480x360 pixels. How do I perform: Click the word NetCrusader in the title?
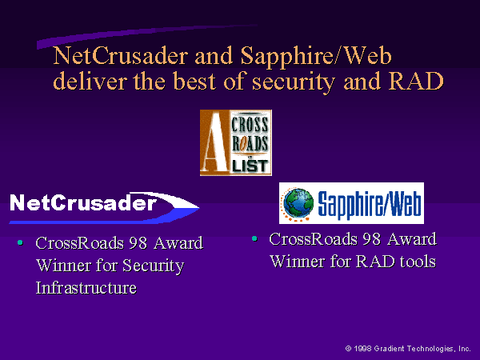click(x=120, y=56)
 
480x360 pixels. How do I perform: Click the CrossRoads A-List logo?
click(x=236, y=142)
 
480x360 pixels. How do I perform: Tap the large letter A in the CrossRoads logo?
click(x=214, y=142)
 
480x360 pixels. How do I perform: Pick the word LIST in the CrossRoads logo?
click(x=250, y=166)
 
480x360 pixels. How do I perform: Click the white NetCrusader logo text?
click(x=83, y=202)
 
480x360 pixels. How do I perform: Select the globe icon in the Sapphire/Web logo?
click(x=298, y=202)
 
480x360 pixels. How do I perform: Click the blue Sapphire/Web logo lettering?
click(x=369, y=203)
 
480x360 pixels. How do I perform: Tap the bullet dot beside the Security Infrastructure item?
click(x=20, y=242)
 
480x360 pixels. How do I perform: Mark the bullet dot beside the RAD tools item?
click(x=254, y=238)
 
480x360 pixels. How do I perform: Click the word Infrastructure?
click(x=86, y=288)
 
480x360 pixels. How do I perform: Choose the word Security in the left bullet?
click(x=153, y=266)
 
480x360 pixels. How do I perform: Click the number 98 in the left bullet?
click(x=138, y=243)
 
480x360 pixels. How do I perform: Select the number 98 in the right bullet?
click(x=372, y=238)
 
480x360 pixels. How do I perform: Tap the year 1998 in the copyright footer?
click(x=362, y=348)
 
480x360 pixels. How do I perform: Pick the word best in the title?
click(x=194, y=81)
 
